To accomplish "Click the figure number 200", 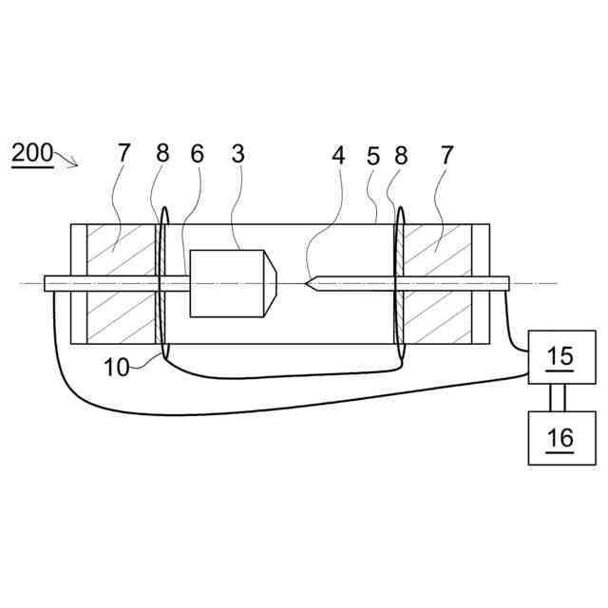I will (32, 155).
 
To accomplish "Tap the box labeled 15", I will (561, 357).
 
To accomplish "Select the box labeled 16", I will (561, 437).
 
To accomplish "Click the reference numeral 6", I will (196, 155).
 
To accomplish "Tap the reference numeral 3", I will (238, 155).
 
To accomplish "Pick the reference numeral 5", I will (372, 155).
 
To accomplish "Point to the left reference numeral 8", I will (162, 155).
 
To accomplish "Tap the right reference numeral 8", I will (400, 155).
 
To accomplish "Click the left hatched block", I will (121, 284).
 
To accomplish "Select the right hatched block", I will (437, 284).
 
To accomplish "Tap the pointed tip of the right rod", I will (308, 282).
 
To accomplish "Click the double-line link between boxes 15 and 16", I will (561, 397).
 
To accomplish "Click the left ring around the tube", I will (162, 284).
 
